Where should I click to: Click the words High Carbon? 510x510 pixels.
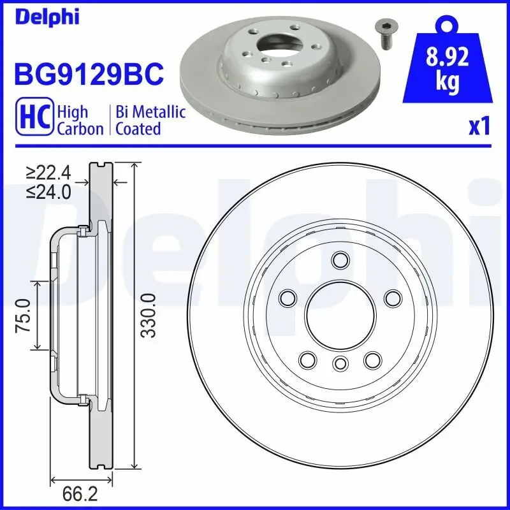80,120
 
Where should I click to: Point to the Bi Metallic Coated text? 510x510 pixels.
150,120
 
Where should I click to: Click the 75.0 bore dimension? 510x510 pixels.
24,314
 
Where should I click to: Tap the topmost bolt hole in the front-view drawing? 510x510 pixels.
341,260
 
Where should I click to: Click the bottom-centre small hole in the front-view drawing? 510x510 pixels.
340,363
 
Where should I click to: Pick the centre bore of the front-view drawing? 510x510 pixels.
340,315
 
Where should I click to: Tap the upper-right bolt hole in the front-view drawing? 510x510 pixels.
393,298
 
